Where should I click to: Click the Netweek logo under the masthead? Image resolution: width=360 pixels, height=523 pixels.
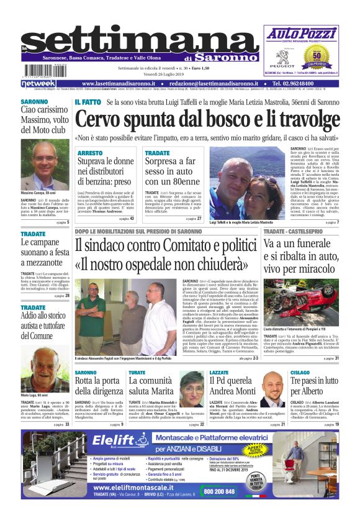[38, 83]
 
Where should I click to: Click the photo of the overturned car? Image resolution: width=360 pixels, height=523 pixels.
[302, 305]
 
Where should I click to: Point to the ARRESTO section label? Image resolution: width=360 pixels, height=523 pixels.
[91, 152]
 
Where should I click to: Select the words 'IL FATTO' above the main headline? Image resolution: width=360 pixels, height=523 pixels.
[88, 101]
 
